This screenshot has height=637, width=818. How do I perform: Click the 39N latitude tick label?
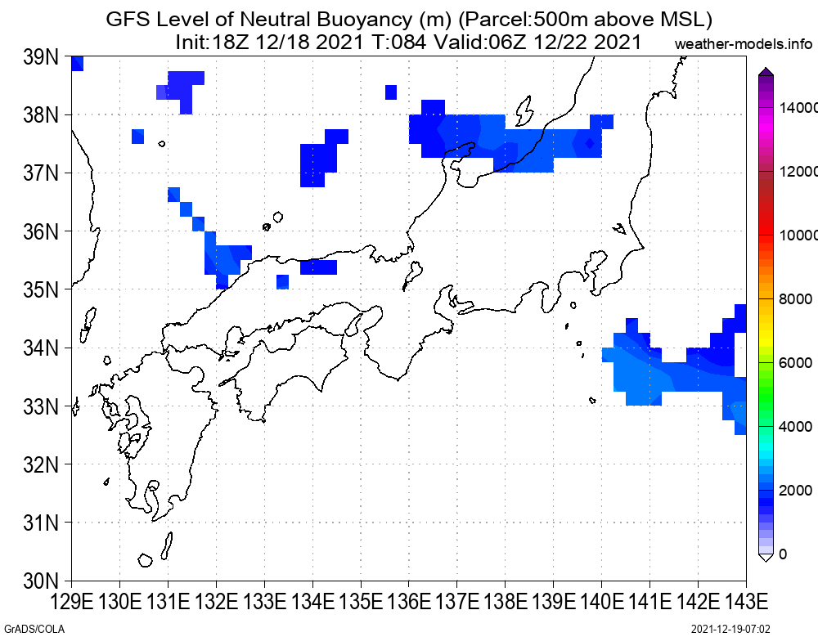(x=41, y=57)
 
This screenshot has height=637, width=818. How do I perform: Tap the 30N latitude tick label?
(x=41, y=581)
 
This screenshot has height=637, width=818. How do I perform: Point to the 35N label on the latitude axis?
(x=41, y=289)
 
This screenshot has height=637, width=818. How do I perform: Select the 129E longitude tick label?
(x=71, y=602)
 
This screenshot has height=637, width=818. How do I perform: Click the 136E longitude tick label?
(x=409, y=602)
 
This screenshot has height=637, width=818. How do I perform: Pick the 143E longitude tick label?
(x=746, y=602)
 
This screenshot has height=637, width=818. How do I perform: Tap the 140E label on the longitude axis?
(x=601, y=602)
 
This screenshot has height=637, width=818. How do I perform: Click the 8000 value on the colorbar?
(x=796, y=299)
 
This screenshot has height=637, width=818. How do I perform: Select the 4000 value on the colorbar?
(x=796, y=427)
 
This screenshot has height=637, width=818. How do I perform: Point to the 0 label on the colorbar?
(x=783, y=554)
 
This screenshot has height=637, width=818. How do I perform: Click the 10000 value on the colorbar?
(x=798, y=236)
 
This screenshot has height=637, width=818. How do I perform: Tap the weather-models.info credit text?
(x=744, y=44)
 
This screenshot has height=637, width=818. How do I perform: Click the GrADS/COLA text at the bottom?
(x=34, y=629)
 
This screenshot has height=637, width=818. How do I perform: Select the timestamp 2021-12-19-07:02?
(x=730, y=629)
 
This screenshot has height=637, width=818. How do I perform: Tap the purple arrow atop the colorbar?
(x=766, y=71)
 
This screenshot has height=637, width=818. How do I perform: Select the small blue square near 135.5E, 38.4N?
(x=391, y=92)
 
